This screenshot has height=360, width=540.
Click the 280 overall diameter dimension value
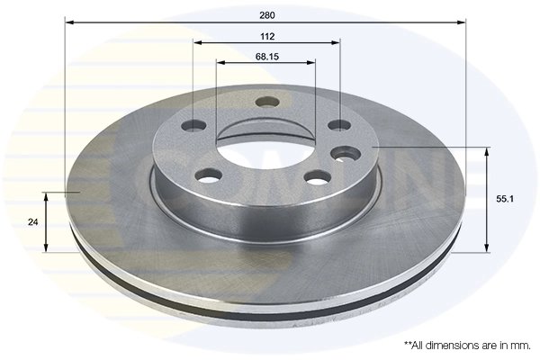[x=267, y=15]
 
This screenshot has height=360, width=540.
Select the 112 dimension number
[x=267, y=37]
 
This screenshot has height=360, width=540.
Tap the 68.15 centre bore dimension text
[x=267, y=57]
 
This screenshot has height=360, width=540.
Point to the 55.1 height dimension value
[x=505, y=199]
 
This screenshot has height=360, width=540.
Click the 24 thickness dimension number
[x=32, y=222]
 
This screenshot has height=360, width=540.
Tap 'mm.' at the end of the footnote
[x=522, y=346]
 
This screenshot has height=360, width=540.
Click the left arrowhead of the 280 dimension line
[x=69, y=22]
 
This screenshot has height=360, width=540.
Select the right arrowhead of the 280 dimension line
[x=462, y=22]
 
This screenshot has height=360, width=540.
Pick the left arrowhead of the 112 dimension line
[x=197, y=42]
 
